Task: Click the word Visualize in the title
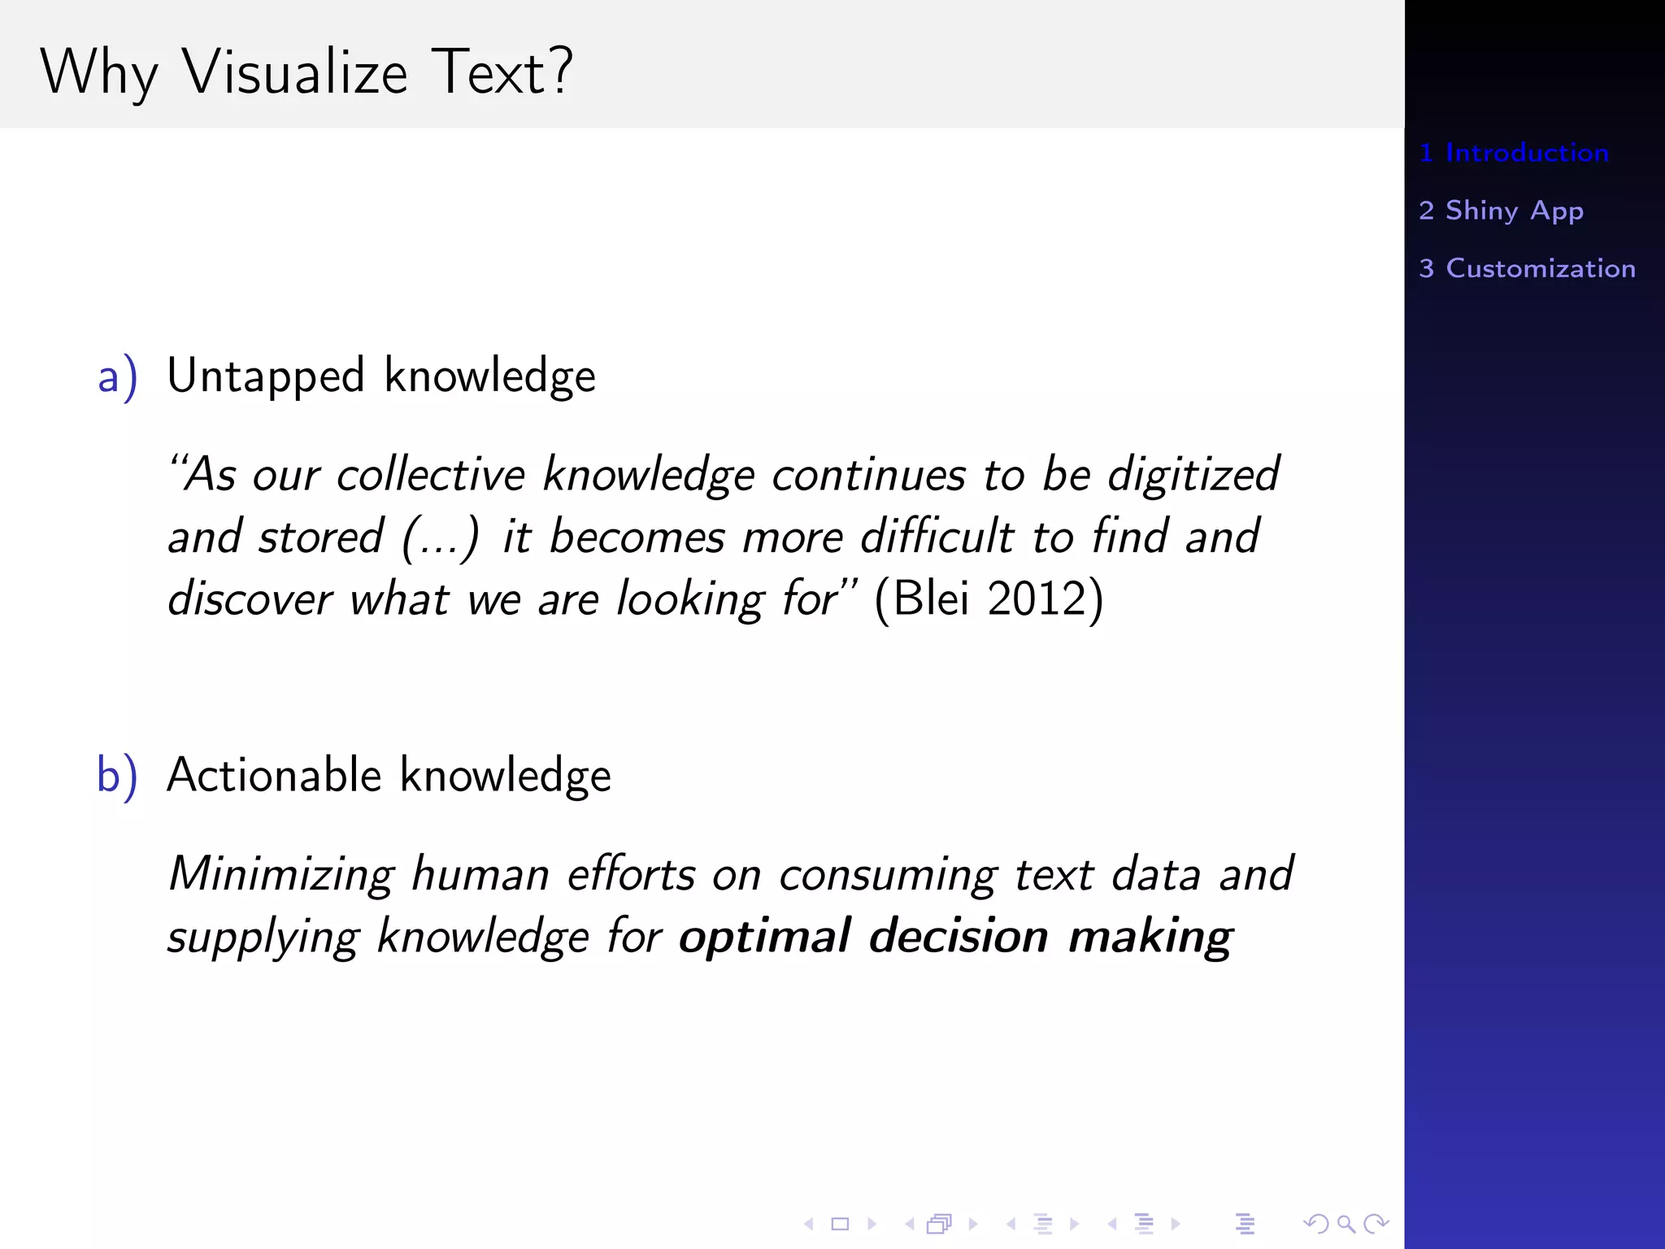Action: coord(294,73)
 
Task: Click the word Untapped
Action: coord(265,377)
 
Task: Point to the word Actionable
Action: coord(274,775)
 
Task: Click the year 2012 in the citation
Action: coord(1037,599)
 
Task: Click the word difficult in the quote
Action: coord(937,537)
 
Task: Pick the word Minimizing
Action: coord(280,876)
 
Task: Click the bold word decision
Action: coord(959,937)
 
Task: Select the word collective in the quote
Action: coord(431,476)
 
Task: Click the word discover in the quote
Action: coord(250,599)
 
